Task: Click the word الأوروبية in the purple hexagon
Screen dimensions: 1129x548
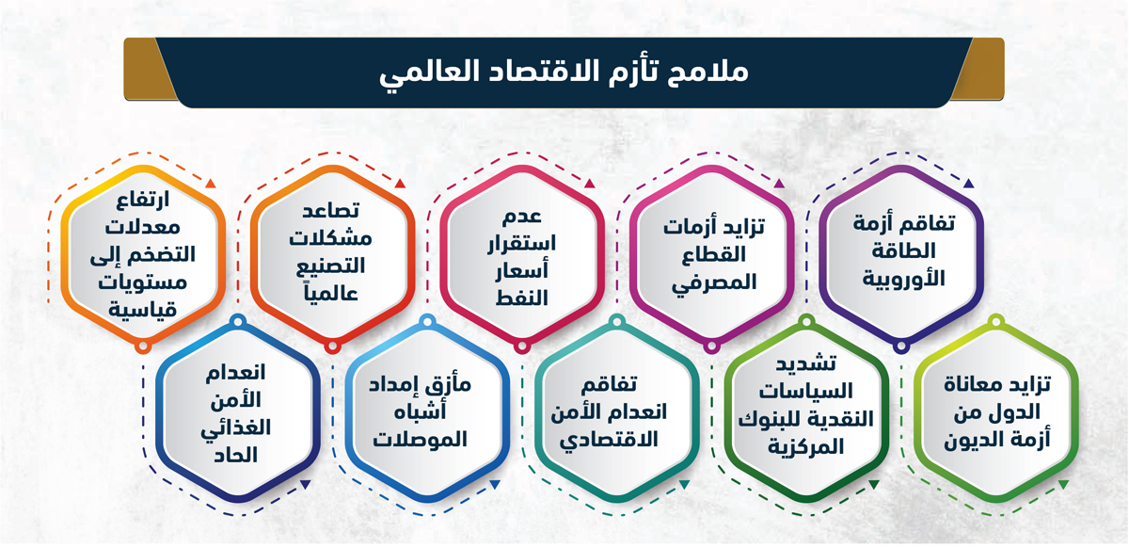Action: coord(904,279)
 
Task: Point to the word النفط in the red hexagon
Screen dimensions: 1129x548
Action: coord(521,298)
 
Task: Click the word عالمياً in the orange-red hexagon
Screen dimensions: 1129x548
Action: coord(330,293)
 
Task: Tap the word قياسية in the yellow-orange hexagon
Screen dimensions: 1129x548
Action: coord(143,309)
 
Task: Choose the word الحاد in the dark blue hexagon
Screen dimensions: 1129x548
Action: coord(235,456)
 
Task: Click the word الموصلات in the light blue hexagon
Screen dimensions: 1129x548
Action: coord(420,440)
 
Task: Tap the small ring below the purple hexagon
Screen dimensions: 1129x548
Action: coord(900,347)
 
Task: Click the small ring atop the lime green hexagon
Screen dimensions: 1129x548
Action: coord(996,321)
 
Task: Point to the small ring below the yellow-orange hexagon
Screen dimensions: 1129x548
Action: coord(143,347)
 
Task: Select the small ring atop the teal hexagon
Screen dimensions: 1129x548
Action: coord(617,321)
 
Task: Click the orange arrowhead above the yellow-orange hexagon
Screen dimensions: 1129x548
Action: coord(211,184)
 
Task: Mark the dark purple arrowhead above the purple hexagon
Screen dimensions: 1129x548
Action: coord(968,184)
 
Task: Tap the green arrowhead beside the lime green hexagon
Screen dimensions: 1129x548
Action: coord(1063,484)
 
